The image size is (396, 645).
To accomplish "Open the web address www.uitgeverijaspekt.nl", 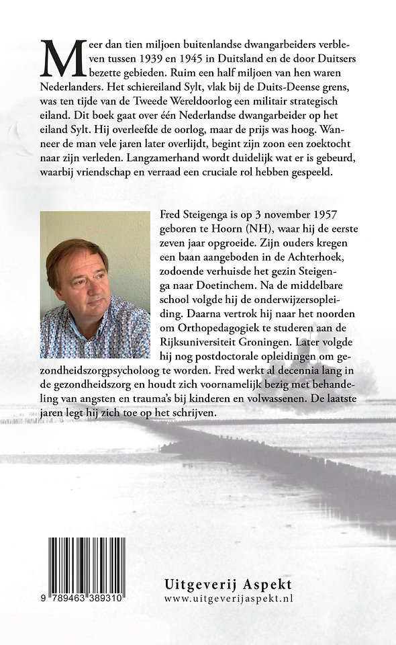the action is coord(228,597).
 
